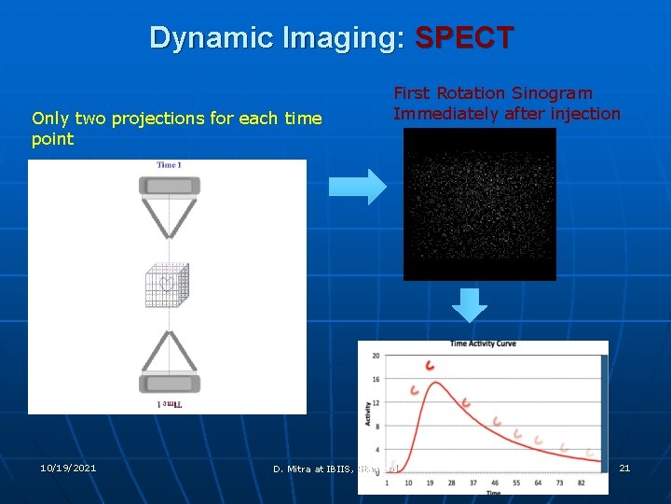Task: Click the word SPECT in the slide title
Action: [463, 38]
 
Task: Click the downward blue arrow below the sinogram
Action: [470, 305]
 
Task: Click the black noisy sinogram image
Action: [479, 203]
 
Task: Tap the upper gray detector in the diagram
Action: [169, 186]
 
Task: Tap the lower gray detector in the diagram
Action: [169, 383]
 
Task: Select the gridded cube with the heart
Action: [169, 285]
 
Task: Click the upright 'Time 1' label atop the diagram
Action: [168, 165]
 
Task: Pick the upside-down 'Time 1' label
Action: [169, 404]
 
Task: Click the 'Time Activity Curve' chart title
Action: [483, 344]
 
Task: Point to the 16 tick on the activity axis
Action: [376, 379]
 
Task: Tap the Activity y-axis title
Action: [366, 413]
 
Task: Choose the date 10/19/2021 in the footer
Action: [68, 468]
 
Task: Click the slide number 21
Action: [624, 468]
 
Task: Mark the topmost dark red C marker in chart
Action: [430, 365]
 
